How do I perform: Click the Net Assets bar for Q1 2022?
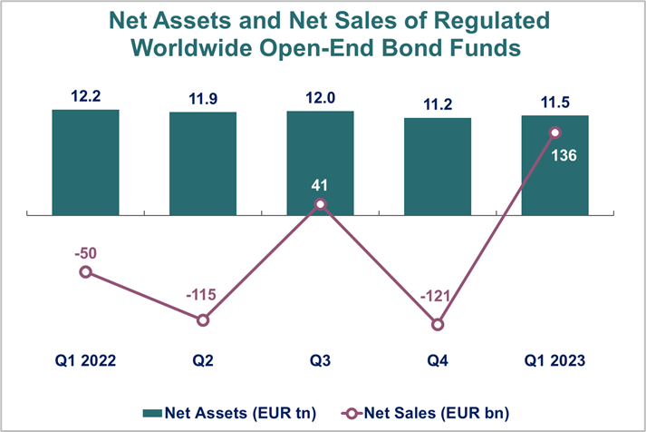point(85,162)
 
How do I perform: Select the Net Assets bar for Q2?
point(203,163)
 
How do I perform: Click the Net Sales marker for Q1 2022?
point(85,271)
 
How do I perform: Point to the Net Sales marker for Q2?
point(203,319)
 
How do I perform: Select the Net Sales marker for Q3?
point(321,205)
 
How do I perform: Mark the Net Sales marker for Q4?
point(438,324)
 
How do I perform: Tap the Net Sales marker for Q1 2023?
point(555,133)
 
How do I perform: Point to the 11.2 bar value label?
point(438,103)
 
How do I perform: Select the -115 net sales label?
point(203,296)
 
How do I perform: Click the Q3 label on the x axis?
point(321,361)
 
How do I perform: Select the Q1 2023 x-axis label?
point(555,361)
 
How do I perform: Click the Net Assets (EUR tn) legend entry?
point(230,414)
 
